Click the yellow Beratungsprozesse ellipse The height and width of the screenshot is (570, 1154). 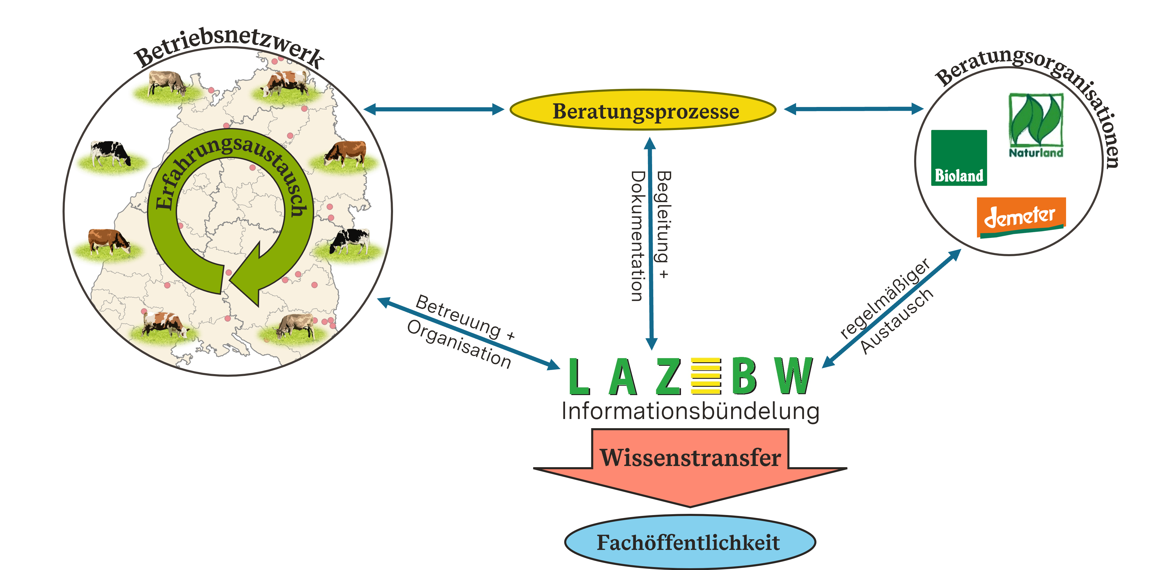coord(643,110)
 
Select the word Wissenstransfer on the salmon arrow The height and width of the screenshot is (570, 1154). coord(690,457)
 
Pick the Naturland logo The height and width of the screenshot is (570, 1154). coord(1036,125)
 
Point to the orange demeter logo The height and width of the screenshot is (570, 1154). coord(1021,217)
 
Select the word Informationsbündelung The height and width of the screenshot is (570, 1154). coord(690,411)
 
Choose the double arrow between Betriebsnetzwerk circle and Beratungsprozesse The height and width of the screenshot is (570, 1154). coord(434,109)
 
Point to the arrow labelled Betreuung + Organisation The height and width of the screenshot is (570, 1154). coord(468,333)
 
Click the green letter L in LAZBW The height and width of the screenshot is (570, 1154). coord(579,377)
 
